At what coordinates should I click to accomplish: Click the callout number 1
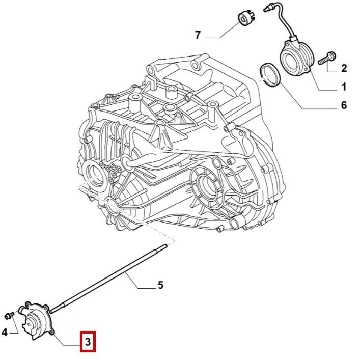click(x=343, y=87)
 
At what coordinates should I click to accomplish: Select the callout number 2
click(x=344, y=68)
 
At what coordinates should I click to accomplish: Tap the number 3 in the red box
click(x=87, y=343)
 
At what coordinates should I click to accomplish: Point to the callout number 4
click(x=5, y=333)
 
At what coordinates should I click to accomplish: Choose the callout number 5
click(x=160, y=285)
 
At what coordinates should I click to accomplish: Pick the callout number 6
click(x=343, y=105)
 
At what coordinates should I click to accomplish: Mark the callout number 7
click(x=198, y=35)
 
